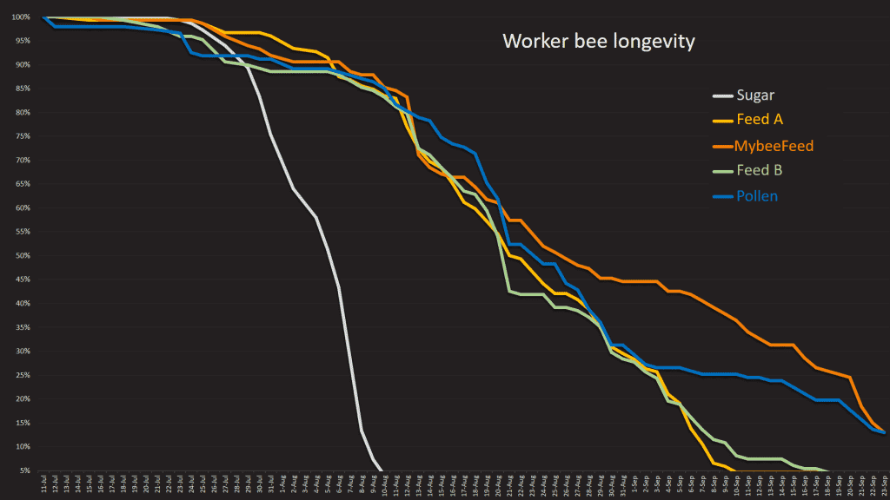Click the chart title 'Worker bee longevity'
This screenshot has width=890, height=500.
[x=599, y=41]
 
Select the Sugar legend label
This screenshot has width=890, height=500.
[x=757, y=95]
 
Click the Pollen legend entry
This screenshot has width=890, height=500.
[x=757, y=196]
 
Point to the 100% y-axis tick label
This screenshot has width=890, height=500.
[x=22, y=17]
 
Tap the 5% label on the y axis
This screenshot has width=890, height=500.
[x=25, y=470]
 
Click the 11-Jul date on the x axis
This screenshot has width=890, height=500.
[x=43, y=486]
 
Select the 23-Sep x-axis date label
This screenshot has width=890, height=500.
[x=884, y=486]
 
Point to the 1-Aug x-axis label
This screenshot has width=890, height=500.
[x=282, y=486]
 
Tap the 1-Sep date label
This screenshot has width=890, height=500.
[x=634, y=486]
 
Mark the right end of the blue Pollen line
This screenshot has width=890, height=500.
[x=884, y=432]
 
